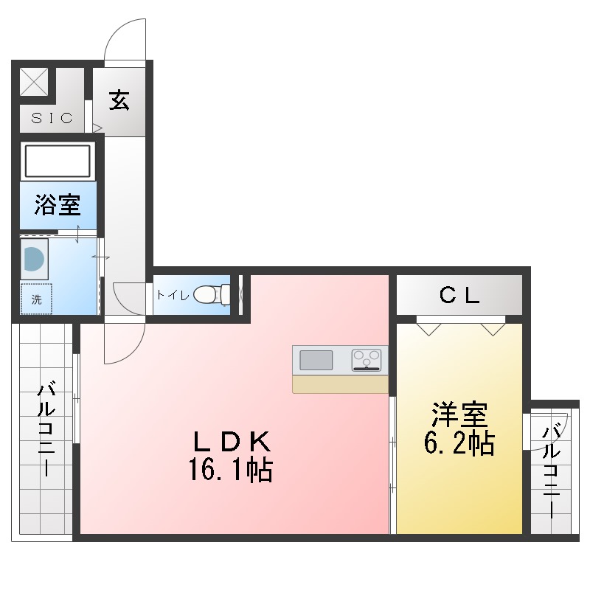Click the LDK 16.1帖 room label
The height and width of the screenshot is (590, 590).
pos(231,456)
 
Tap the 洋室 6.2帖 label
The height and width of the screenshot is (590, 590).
pos(459,428)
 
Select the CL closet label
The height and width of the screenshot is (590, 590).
pos(459,295)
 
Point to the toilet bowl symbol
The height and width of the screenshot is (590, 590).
pos(212,294)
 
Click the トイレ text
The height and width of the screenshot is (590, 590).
pos(173,294)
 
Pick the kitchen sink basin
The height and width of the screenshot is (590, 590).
pos(316,360)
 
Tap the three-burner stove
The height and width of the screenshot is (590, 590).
pos(366,360)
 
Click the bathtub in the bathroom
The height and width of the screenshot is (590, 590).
pos(58,161)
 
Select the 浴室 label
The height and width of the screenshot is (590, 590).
pos(58,205)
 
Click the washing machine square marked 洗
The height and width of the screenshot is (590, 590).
pos(36,299)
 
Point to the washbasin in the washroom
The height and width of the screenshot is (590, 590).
pos(34,259)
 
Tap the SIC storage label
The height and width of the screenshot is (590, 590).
pos(52,118)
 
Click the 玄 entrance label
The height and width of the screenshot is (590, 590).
pos(119,100)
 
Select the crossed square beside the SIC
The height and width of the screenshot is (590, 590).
pos(34,82)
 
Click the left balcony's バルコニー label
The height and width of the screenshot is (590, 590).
pos(46,428)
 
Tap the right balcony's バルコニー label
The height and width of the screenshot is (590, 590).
pos(551,471)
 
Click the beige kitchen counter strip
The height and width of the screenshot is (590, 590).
pos(340,384)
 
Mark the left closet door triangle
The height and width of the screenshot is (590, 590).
pos(428,329)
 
